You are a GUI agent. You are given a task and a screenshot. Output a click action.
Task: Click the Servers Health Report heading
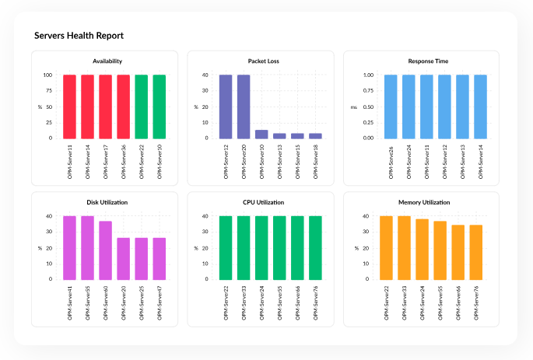[79, 36]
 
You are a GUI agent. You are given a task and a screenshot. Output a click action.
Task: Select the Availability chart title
[107, 61]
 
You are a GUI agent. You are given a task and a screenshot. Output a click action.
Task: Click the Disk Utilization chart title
[107, 201]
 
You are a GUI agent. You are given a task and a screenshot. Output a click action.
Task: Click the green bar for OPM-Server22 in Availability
[141, 107]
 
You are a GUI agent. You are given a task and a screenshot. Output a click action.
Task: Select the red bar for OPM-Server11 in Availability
[69, 107]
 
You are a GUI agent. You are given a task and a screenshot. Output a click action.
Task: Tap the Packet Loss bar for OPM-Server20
[244, 107]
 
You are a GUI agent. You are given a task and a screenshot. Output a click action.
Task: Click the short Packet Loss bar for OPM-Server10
[261, 134]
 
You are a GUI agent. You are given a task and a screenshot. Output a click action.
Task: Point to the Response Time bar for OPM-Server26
[391, 107]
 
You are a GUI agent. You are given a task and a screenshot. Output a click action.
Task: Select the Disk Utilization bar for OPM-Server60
[105, 250]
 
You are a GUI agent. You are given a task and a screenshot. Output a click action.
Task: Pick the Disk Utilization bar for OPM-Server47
[159, 258]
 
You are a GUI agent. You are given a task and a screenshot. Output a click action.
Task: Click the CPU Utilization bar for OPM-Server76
[315, 247]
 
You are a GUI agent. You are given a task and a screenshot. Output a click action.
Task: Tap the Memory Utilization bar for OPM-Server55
[440, 250]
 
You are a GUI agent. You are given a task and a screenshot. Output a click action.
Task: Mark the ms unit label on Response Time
[353, 107]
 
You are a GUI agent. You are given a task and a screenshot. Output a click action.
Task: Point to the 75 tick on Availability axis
[47, 91]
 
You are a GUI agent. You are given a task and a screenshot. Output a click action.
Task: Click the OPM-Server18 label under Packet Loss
[315, 162]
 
